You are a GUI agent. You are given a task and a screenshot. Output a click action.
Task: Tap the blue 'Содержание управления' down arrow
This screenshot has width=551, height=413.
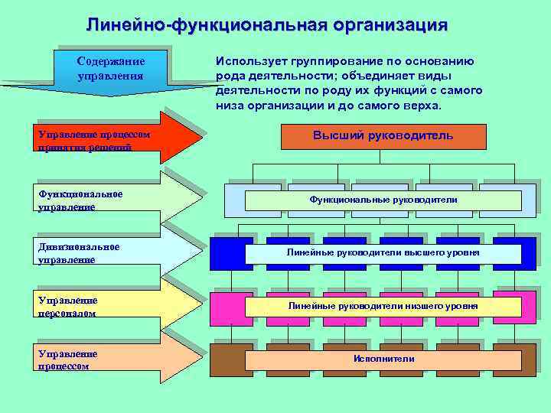pos(110,69)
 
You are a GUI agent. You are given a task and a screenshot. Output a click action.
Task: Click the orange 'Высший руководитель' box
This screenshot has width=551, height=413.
pos(383,135)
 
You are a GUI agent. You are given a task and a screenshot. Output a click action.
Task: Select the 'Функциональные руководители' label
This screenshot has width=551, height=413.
pos(383,200)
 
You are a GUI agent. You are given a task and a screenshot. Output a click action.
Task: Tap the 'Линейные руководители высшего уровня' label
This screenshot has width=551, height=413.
pos(383,252)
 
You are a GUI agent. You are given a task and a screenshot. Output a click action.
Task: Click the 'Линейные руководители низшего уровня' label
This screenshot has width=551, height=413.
pos(383,306)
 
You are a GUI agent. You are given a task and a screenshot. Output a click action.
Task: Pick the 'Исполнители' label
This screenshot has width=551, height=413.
pos(383,359)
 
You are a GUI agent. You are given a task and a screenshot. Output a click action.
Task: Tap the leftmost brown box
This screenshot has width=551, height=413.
pos(227,359)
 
